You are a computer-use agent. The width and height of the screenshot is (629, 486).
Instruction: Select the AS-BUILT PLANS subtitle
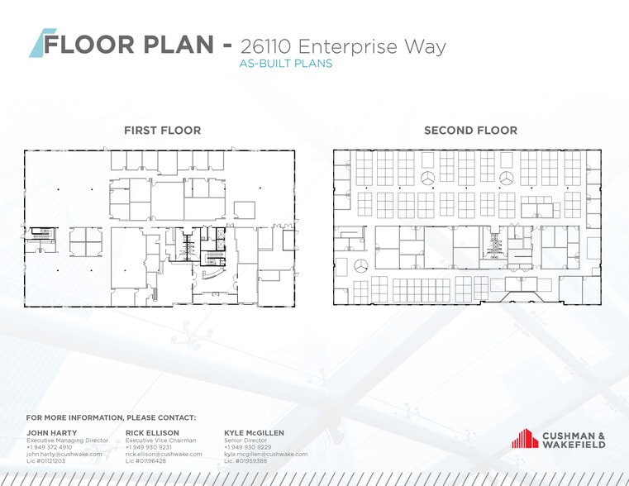(285, 64)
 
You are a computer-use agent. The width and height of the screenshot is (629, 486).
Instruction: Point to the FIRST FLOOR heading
(162, 131)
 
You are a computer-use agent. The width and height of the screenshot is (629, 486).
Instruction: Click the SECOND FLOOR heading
(470, 131)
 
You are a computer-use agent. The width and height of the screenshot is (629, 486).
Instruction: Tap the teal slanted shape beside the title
(37, 44)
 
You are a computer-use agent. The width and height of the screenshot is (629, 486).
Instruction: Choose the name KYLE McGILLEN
(255, 432)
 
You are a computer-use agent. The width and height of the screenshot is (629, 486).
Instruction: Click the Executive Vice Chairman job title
(160, 441)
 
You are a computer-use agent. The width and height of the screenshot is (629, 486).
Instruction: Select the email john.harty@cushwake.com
(64, 454)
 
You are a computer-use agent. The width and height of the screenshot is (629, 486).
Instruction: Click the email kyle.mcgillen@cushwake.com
(265, 454)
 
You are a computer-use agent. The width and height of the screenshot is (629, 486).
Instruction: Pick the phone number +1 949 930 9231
(149, 447)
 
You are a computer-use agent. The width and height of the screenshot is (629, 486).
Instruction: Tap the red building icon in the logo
(525, 439)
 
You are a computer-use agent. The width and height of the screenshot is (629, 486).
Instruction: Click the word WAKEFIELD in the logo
(574, 445)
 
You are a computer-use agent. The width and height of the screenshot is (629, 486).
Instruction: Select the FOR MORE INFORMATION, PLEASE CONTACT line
(111, 417)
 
